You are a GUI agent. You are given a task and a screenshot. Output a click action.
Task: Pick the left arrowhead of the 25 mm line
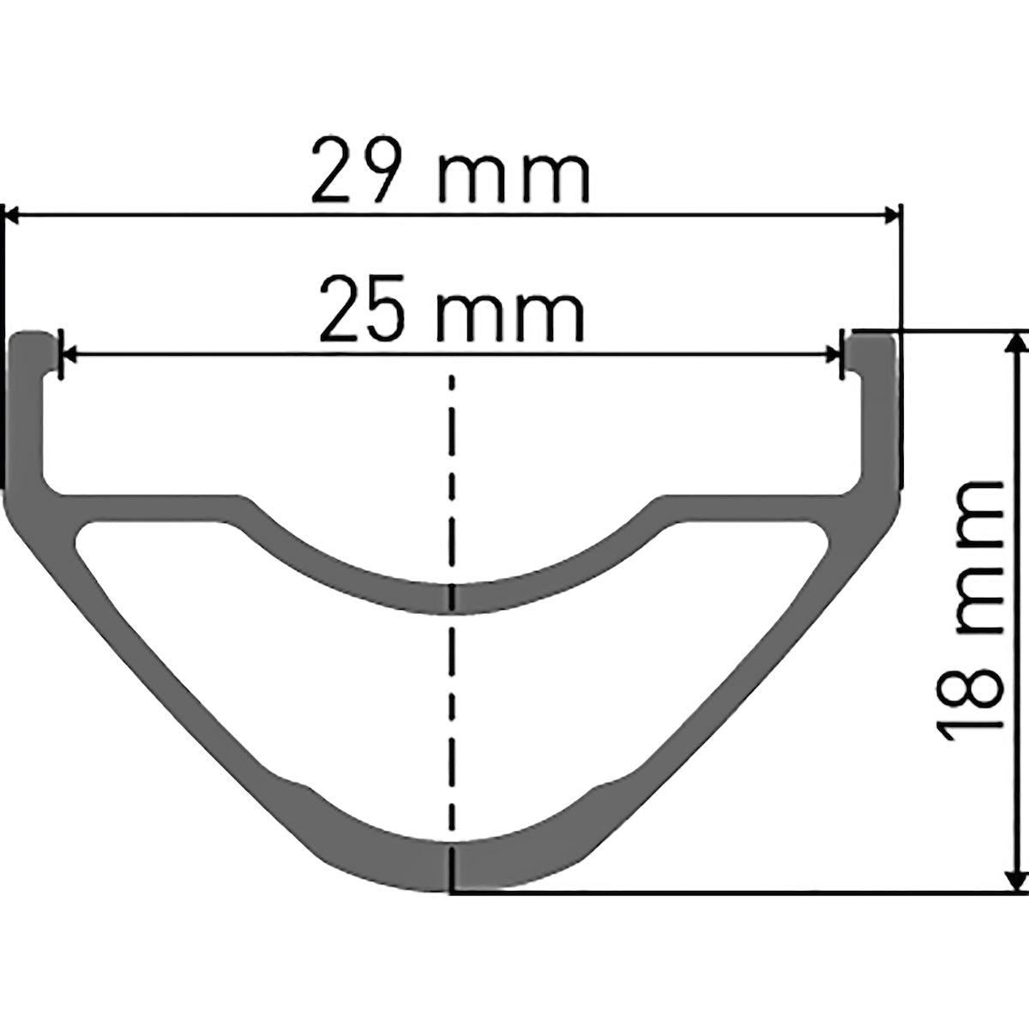(x=69, y=352)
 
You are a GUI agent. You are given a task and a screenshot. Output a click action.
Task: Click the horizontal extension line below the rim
(x=729, y=893)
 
